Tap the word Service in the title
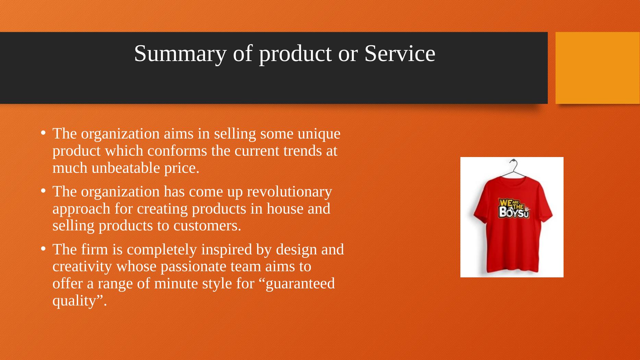click(400, 53)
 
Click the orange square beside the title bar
click(597, 68)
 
